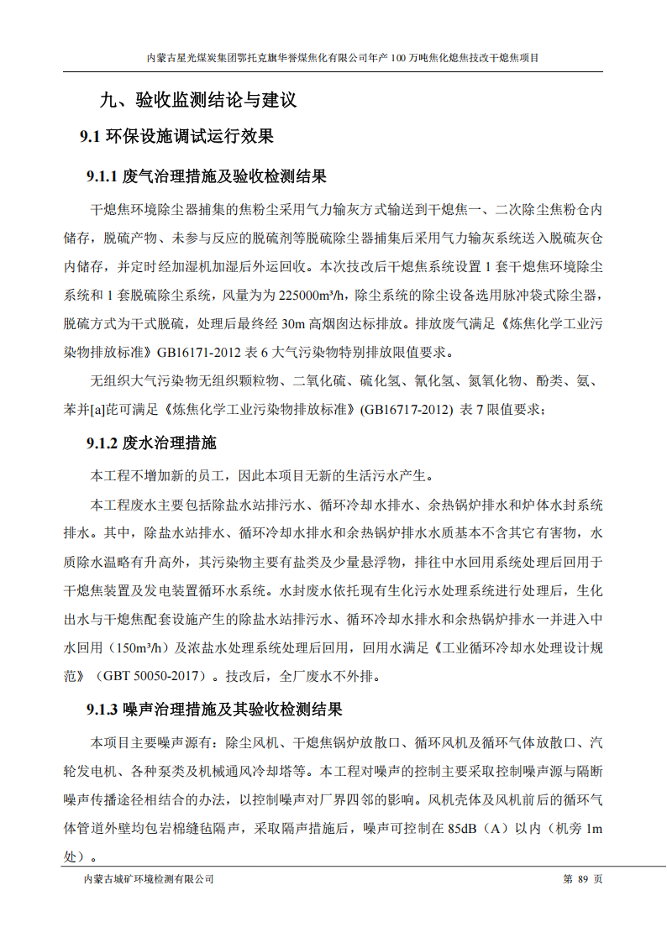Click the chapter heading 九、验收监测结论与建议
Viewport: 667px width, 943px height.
(x=198, y=101)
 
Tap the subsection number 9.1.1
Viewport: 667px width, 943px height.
(x=102, y=177)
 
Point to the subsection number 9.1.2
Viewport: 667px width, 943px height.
(x=102, y=443)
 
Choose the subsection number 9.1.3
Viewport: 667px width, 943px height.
(x=102, y=710)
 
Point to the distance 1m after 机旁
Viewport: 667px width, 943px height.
(x=594, y=829)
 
